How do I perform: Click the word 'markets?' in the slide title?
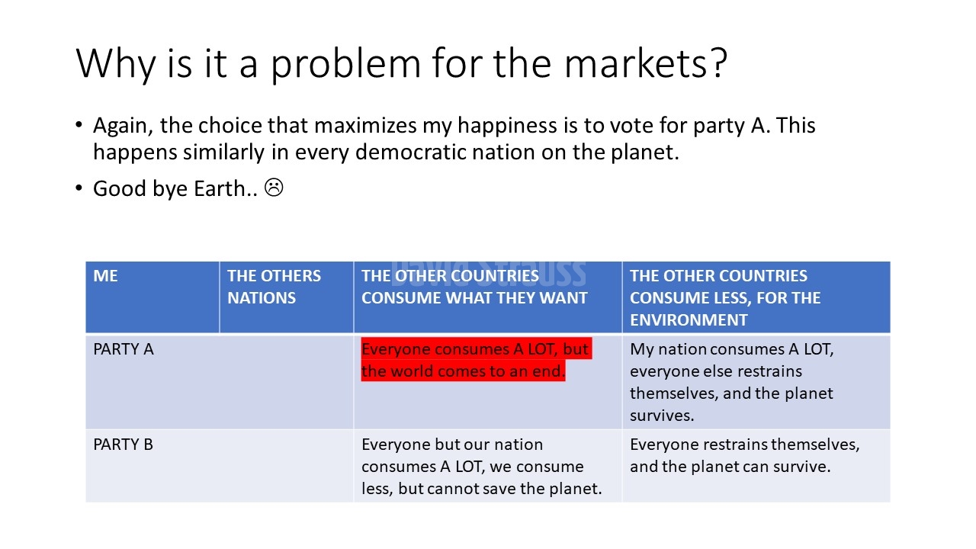point(645,63)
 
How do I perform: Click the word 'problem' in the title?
point(346,66)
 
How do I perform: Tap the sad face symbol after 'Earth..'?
point(274,188)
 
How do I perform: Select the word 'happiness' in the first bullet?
point(507,127)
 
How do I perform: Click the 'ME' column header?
point(105,276)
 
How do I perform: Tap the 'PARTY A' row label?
point(124,349)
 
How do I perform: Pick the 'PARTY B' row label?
point(124,445)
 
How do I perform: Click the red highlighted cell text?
point(477,360)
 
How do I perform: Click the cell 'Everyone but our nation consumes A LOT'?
point(481,466)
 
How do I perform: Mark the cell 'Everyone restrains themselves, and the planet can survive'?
point(745,455)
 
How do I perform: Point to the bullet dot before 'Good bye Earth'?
point(79,188)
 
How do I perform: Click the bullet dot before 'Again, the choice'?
point(79,125)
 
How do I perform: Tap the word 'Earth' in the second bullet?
point(220,188)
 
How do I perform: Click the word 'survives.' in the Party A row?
point(662,416)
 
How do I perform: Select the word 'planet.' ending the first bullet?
point(645,153)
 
